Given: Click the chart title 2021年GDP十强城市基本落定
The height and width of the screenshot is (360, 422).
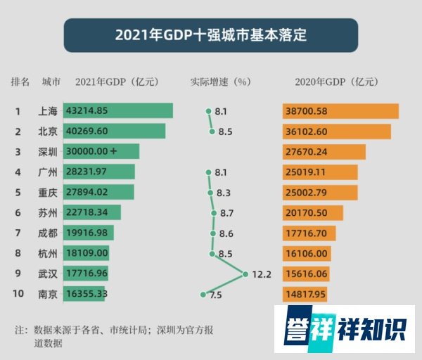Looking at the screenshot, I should pos(210,34).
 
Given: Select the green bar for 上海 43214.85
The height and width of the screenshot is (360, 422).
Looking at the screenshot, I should pos(117,111).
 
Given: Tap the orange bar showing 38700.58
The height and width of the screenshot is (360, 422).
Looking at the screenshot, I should pos(340,111).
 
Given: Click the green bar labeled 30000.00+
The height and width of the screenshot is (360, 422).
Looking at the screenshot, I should pos(101,152).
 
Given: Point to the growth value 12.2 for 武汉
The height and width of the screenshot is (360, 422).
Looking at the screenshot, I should pos(262,274).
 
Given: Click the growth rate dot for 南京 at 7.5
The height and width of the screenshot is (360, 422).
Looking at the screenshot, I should pos(203,295).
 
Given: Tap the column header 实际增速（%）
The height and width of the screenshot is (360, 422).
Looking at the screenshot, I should pos(221,81).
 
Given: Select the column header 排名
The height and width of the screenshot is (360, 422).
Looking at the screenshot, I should pos(20,81).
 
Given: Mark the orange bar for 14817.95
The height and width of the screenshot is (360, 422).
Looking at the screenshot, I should pos(305,295).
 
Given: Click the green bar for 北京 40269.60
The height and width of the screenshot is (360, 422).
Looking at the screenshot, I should pos(114,131).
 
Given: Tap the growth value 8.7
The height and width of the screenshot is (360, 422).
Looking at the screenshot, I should pos(226,213).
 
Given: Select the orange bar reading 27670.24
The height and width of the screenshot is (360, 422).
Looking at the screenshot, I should pos(324,152).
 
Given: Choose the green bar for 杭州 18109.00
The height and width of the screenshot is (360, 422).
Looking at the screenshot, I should pos(86,254).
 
